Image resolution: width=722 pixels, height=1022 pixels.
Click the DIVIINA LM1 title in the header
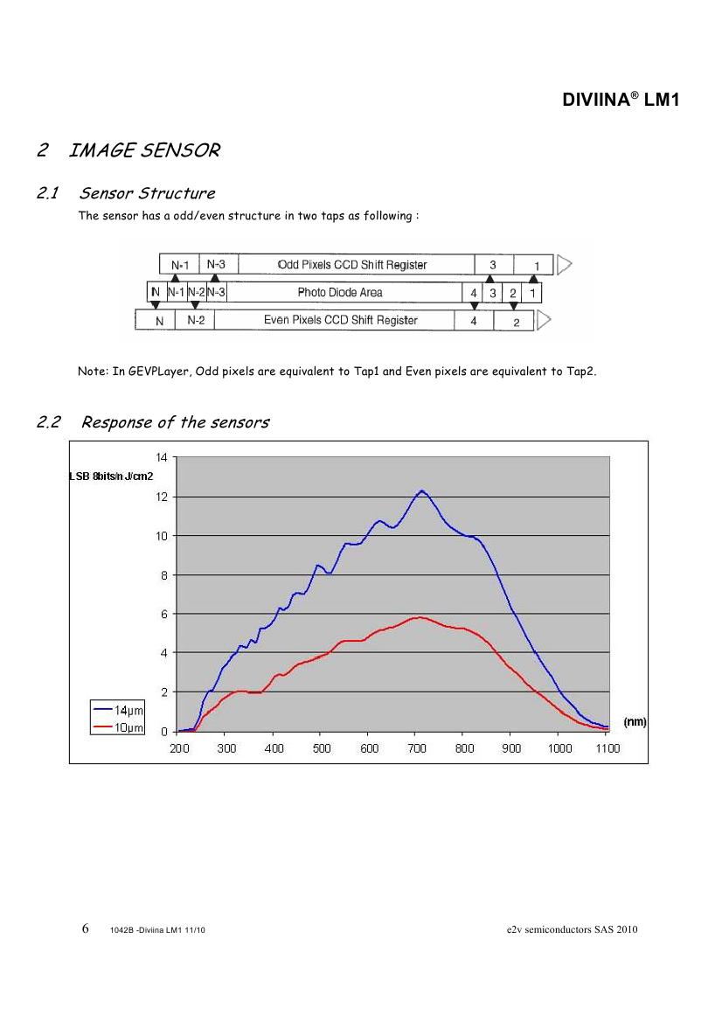pos(620,101)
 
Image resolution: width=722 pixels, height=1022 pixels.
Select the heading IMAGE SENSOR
pos(143,150)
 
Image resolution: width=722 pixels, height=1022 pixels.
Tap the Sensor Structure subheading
pos(147,193)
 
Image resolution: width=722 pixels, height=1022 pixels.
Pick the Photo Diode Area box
pos(340,292)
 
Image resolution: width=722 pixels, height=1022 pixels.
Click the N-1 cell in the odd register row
pos(179,265)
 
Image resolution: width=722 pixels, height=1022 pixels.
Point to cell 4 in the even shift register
pos(474,321)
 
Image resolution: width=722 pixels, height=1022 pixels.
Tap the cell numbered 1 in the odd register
pos(537,265)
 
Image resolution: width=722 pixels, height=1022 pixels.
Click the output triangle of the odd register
pos(564,264)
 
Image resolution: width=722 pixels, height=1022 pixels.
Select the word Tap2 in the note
pos(580,372)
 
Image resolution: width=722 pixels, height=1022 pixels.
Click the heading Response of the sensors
pos(175,423)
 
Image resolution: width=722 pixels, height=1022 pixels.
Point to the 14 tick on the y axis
pos(161,457)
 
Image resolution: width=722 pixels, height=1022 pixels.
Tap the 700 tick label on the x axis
pos(418,748)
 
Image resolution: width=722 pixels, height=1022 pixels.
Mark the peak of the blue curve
pos(421,490)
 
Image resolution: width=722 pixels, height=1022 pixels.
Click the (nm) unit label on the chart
pos(634,722)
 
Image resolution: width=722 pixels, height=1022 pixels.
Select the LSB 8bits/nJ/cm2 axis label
pos(111,476)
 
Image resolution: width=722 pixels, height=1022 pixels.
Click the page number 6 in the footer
pos(86,928)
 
